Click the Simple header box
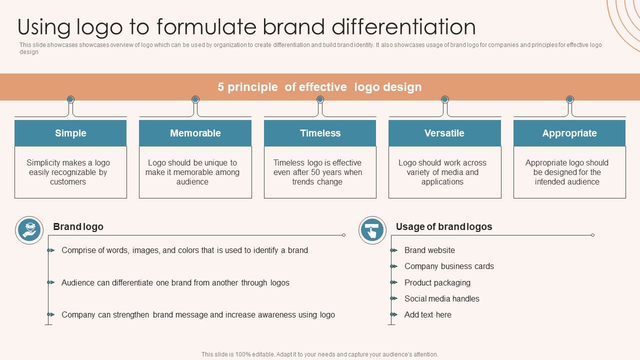point(70,133)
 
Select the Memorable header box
point(195,133)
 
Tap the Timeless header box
point(320,133)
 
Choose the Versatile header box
point(444,133)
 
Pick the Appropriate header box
point(569,133)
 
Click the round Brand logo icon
point(29,230)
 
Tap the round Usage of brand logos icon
point(372,230)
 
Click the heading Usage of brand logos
point(444,226)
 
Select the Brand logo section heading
point(78,226)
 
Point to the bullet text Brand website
point(429,250)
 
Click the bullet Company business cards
point(449,266)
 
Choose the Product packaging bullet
point(437,282)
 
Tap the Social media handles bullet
point(442,298)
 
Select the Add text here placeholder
point(428,314)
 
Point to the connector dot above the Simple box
point(70,99)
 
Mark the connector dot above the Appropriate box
point(569,99)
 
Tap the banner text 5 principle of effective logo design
point(319,87)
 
